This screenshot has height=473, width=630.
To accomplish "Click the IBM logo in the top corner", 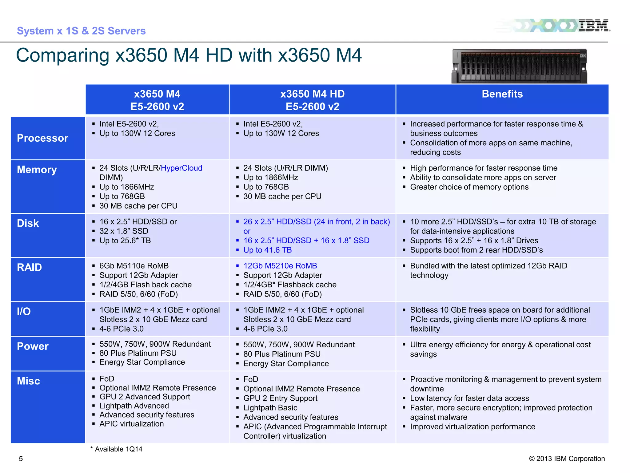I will pyautogui.click(x=594, y=26).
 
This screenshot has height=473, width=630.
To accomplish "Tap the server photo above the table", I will pyautogui.click(x=519, y=66).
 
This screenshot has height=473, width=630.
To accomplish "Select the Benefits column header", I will pyautogui.click(x=502, y=94).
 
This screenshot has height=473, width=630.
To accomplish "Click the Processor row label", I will pyautogui.click(x=42, y=138).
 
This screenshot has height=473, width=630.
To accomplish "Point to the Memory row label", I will pyautogui.click(x=37, y=170).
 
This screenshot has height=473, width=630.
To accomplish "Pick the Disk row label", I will pyautogui.click(x=28, y=223).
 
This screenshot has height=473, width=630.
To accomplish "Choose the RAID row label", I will pyautogui.click(x=30, y=267).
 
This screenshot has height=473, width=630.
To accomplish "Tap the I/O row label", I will pyautogui.click(x=24, y=311).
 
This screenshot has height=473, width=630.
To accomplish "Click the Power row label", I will pyautogui.click(x=33, y=346).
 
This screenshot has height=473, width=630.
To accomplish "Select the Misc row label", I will pyautogui.click(x=29, y=381).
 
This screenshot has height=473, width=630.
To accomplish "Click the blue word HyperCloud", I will pyautogui.click(x=181, y=168).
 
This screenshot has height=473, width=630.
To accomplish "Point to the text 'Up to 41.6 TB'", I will pyautogui.click(x=267, y=250).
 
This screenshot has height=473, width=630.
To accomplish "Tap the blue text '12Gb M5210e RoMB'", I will pyautogui.click(x=280, y=266).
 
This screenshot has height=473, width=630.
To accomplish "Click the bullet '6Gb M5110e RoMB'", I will pyautogui.click(x=134, y=266).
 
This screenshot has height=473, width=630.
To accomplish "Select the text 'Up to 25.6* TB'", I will pyautogui.click(x=125, y=241).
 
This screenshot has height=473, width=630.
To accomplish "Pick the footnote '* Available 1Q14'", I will pyautogui.click(x=117, y=449).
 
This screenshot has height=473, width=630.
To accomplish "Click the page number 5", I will pyautogui.click(x=21, y=459).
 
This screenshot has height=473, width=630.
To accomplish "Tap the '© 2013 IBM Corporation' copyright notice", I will pyautogui.click(x=567, y=459).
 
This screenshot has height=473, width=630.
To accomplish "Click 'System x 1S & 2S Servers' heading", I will pyautogui.click(x=81, y=31).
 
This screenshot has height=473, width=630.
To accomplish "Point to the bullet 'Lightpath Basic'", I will pyautogui.click(x=270, y=408).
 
